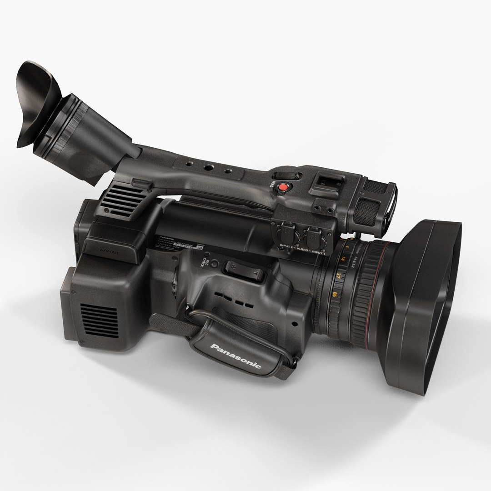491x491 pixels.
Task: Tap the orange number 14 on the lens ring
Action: [342, 260]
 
